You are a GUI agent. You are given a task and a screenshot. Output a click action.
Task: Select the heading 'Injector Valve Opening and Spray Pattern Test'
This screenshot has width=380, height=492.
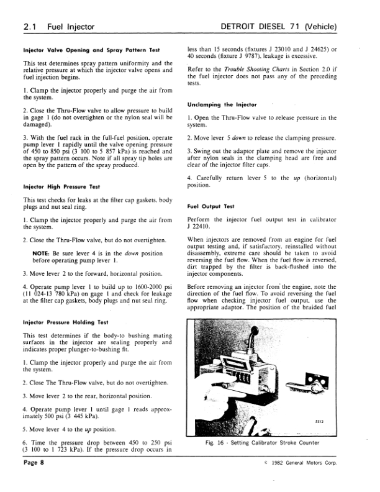[92, 50]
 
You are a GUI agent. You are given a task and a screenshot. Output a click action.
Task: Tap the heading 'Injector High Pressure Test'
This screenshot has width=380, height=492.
[61, 186]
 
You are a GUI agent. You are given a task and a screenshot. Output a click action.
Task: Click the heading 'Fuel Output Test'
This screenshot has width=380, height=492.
[210, 206]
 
